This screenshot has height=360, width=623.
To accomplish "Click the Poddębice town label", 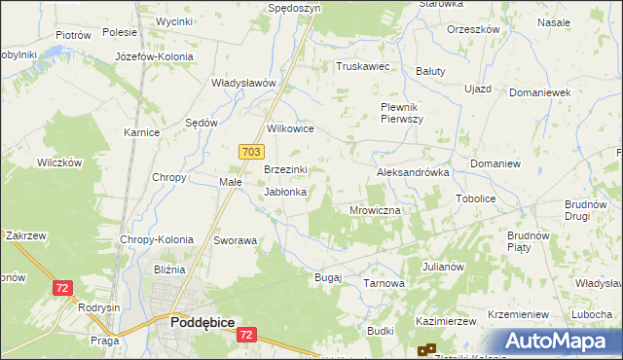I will tap(202, 321).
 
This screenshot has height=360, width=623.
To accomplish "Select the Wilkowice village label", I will tap(290, 128).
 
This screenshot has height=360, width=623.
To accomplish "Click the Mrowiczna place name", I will tap(375, 209).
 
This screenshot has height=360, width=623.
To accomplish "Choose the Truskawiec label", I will tap(362, 67).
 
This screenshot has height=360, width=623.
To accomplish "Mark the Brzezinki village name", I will tap(286, 169).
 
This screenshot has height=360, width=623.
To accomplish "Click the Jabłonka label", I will tap(286, 192).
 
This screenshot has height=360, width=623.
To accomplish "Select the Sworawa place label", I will tap(236, 240).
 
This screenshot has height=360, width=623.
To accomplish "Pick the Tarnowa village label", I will tap(384, 283).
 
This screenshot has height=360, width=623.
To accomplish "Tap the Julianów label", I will tap(443, 266).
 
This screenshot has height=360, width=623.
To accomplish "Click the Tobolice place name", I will tap(476, 198).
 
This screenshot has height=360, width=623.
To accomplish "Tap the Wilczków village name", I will tap(58, 162).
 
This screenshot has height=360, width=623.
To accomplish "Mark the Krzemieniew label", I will tap(520, 315).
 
